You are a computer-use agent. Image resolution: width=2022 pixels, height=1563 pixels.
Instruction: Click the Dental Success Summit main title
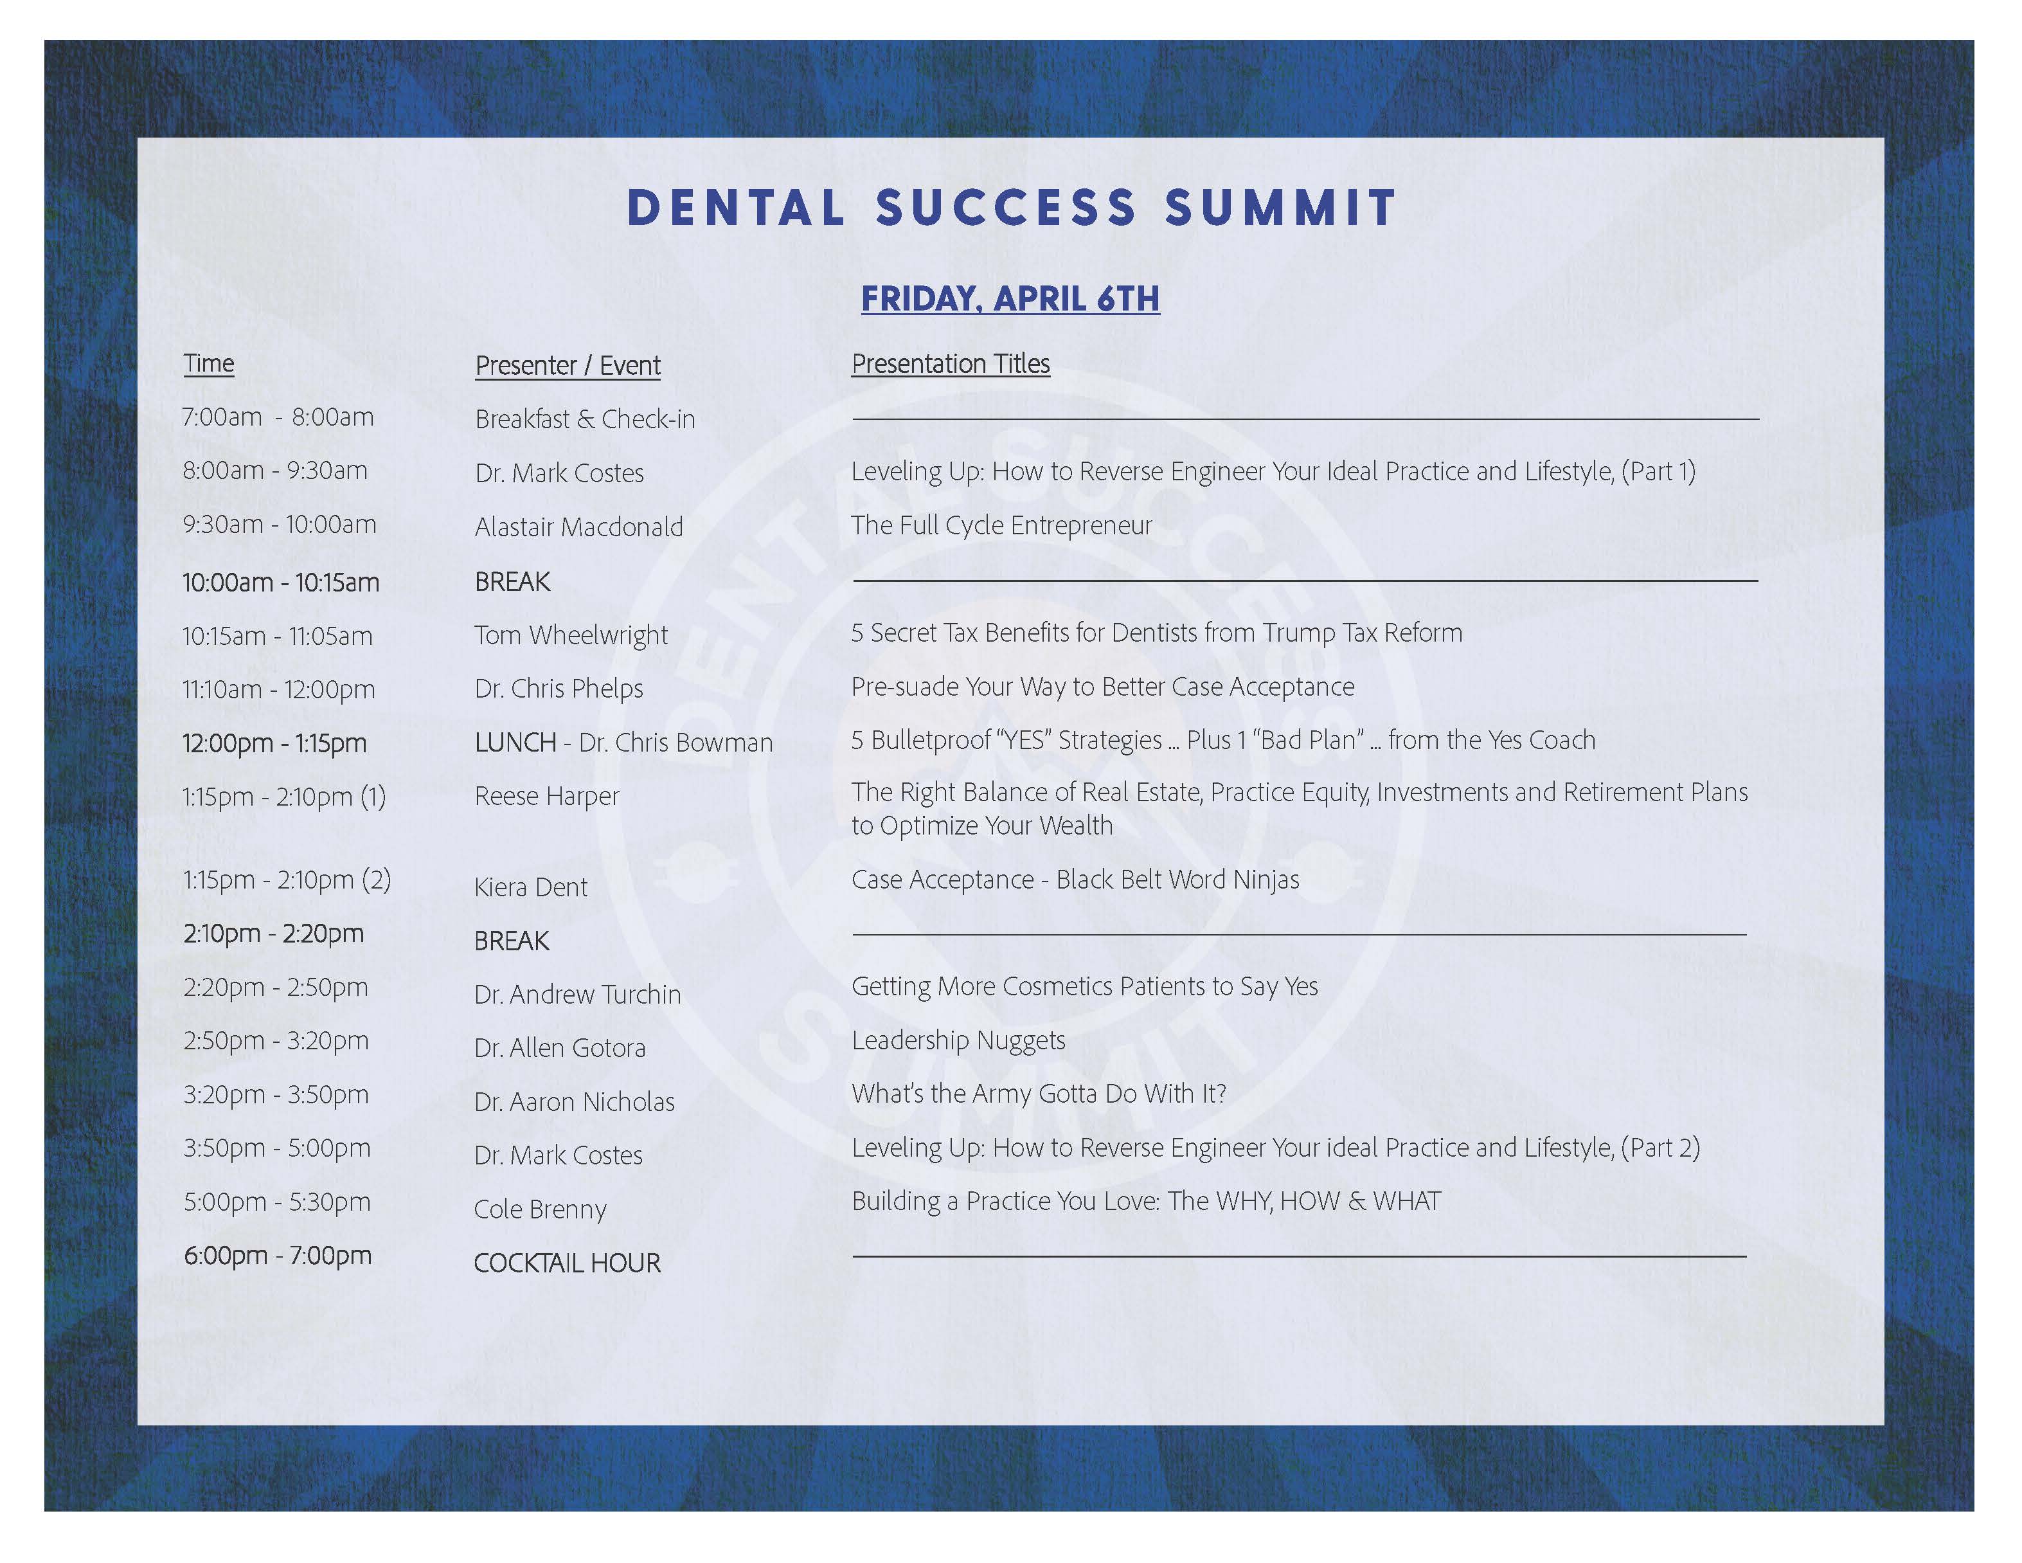(1011, 208)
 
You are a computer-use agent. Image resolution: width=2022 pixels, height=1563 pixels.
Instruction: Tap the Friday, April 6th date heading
(1010, 299)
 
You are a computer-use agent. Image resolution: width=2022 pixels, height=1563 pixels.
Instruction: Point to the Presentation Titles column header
(951, 364)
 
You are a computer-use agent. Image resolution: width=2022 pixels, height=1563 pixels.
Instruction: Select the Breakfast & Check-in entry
(585, 419)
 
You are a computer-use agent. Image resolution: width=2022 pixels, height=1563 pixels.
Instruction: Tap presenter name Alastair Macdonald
(578, 527)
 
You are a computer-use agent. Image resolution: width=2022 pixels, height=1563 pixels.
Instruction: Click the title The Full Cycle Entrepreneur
(1002, 526)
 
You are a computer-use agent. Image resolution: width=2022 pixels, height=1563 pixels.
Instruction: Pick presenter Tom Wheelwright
(571, 635)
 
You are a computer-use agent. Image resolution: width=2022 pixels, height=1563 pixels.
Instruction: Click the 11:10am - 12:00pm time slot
(279, 689)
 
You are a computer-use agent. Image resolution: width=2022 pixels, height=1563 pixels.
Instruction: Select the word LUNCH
(515, 743)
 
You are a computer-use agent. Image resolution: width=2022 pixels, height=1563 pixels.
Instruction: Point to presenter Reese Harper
(547, 797)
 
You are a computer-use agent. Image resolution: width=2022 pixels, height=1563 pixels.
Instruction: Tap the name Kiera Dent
(530, 887)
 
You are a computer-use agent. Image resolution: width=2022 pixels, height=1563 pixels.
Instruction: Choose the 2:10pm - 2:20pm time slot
(273, 934)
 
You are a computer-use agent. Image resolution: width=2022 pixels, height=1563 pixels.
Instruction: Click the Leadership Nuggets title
(958, 1041)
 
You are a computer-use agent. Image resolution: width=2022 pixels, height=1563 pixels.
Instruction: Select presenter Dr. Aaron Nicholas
(574, 1102)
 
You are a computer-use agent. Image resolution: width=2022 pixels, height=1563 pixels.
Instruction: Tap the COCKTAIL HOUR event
(568, 1263)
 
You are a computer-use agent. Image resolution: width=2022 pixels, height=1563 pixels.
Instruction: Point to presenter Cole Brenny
(540, 1209)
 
